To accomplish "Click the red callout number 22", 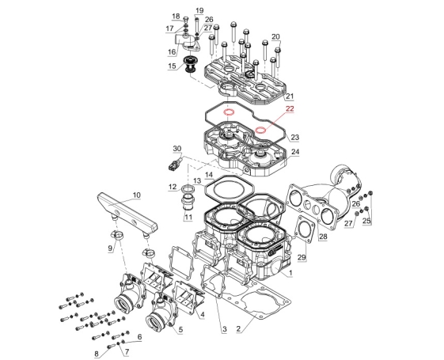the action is tap(290, 108).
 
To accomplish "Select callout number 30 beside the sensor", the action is tap(177, 149).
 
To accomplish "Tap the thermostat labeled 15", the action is tap(188, 65).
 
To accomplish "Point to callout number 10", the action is tap(136, 195).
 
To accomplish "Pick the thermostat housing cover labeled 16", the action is tap(188, 43).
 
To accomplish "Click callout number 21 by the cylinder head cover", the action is tap(290, 97).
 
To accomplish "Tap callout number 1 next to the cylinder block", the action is tap(290, 273).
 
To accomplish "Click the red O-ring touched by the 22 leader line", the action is tap(260, 131).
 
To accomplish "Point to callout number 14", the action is tap(209, 175).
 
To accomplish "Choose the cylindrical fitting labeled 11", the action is tap(187, 205).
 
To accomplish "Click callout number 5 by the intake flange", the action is tap(180, 329).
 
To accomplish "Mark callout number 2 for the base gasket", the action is tap(238, 328).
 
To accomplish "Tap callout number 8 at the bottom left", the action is tap(97, 354).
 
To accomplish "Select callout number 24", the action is tap(295, 152).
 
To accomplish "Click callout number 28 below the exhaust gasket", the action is tap(323, 237).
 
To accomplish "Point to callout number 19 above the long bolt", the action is tap(199, 11).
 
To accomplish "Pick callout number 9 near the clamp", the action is tap(110, 248).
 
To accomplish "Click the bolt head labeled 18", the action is tap(186, 19).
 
